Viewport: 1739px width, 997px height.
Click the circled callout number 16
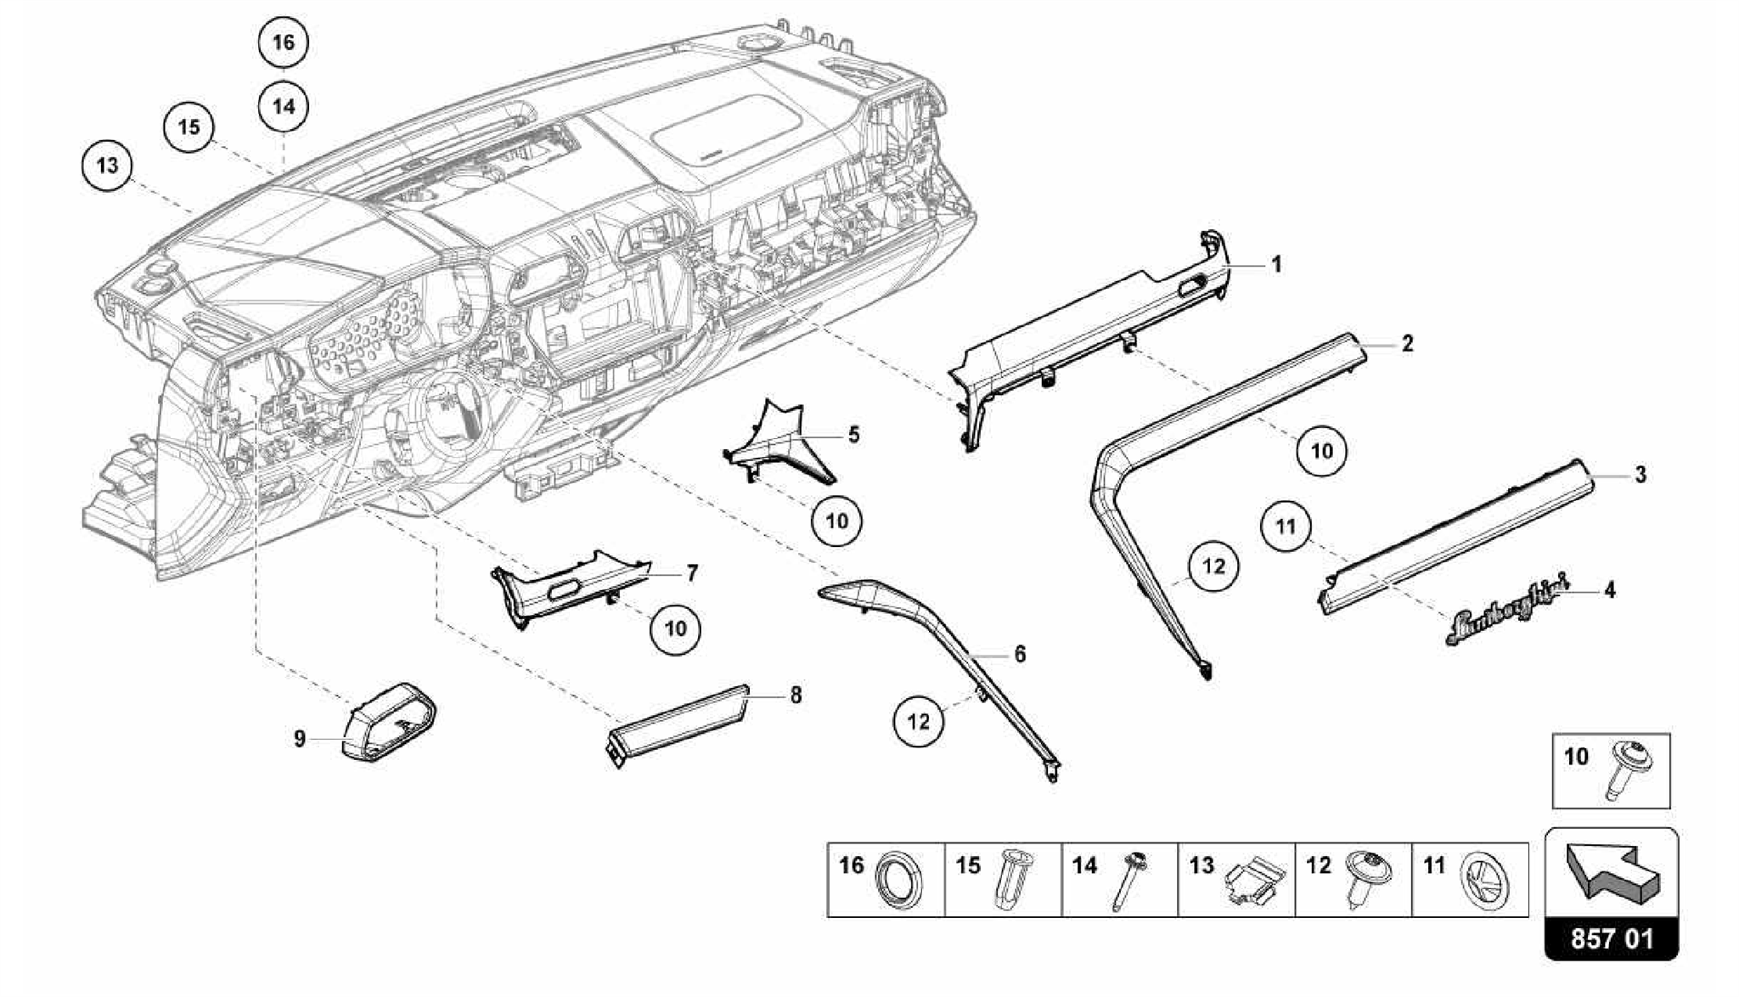[x=284, y=42]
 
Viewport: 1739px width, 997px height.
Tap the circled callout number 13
[x=108, y=165]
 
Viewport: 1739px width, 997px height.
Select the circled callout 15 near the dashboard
[x=189, y=127]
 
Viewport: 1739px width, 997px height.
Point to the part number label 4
[x=1609, y=589]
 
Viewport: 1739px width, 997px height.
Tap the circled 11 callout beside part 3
[x=1286, y=527]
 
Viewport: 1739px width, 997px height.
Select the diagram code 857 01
[x=1611, y=939]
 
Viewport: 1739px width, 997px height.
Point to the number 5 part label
[x=853, y=435]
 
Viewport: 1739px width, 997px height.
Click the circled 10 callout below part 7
[x=675, y=628]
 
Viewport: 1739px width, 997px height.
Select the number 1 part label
[x=1275, y=265]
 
